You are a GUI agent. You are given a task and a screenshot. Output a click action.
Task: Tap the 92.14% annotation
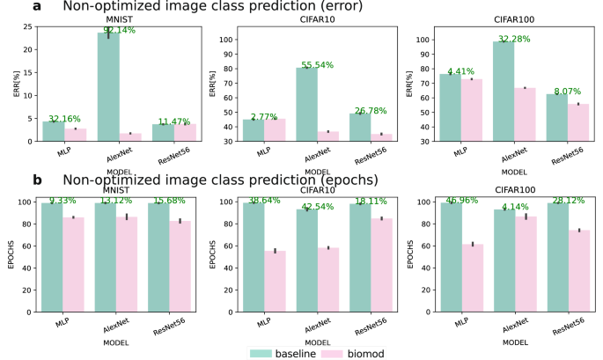click(x=118, y=30)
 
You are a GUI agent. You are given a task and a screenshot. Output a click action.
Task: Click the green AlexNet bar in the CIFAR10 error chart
click(x=306, y=104)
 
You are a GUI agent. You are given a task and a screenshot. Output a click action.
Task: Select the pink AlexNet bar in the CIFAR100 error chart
click(x=526, y=114)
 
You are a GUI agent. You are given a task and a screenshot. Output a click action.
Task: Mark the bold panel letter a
click(x=37, y=7)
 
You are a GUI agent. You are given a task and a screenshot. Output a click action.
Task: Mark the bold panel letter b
click(x=37, y=180)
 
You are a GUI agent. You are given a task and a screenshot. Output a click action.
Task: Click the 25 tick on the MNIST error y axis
click(x=29, y=26)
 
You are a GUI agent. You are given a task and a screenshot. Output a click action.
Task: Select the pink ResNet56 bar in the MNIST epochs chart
click(x=180, y=268)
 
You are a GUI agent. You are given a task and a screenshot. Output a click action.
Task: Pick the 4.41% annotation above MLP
click(x=463, y=72)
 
